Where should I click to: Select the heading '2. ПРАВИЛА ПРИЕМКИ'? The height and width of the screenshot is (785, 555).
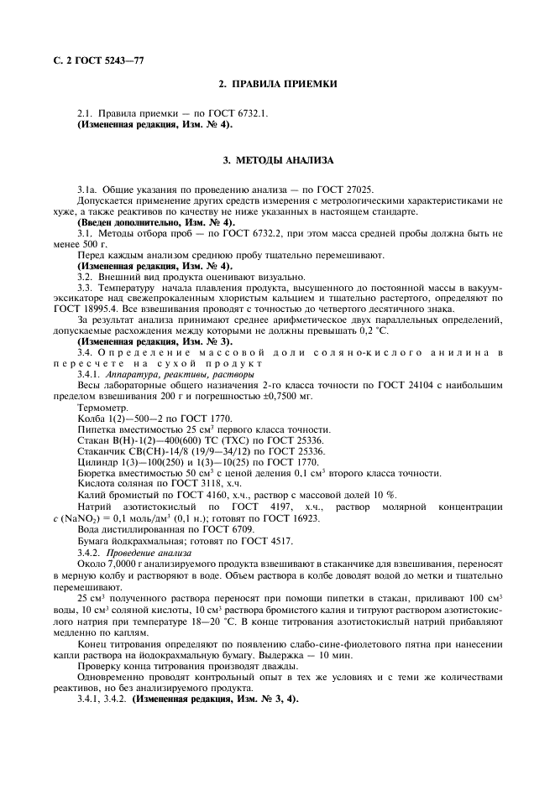pyautogui.click(x=277, y=85)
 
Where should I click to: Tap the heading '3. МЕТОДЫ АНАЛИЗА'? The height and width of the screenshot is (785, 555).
pyautogui.click(x=277, y=159)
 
